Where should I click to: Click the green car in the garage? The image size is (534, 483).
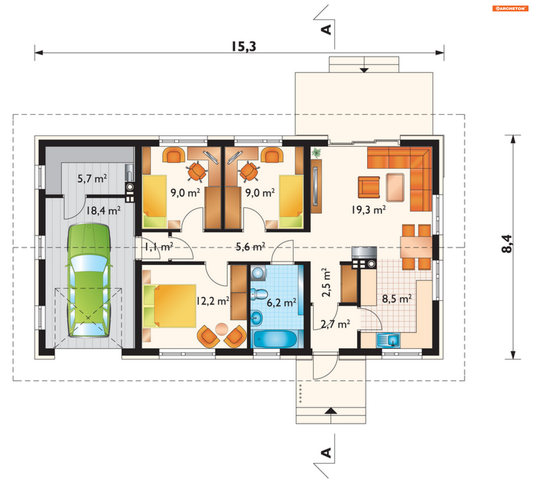[x=89, y=280]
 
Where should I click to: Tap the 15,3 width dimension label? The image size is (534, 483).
[x=244, y=46]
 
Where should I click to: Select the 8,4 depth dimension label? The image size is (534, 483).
[x=507, y=244]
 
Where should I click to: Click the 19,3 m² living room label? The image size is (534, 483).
[x=369, y=210]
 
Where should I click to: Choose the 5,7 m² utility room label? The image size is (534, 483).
[x=92, y=178]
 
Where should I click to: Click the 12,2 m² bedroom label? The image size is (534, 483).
[x=213, y=301]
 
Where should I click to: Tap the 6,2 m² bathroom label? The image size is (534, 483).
[x=281, y=302]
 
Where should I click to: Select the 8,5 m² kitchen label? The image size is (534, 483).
[x=397, y=299]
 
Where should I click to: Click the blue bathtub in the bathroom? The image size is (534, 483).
[x=275, y=339]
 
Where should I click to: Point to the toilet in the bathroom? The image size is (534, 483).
[x=259, y=294]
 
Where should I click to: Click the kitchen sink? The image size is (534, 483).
[x=388, y=340]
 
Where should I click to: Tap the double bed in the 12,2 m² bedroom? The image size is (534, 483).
[x=170, y=306]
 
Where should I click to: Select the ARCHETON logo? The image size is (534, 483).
[x=510, y=9]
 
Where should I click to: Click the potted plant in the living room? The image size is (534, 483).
[x=316, y=153]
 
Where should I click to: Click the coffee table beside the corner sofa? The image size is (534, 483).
[x=395, y=187]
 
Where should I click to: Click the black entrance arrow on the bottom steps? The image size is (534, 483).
[x=331, y=410]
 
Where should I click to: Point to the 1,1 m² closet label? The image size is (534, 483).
[x=159, y=247]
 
